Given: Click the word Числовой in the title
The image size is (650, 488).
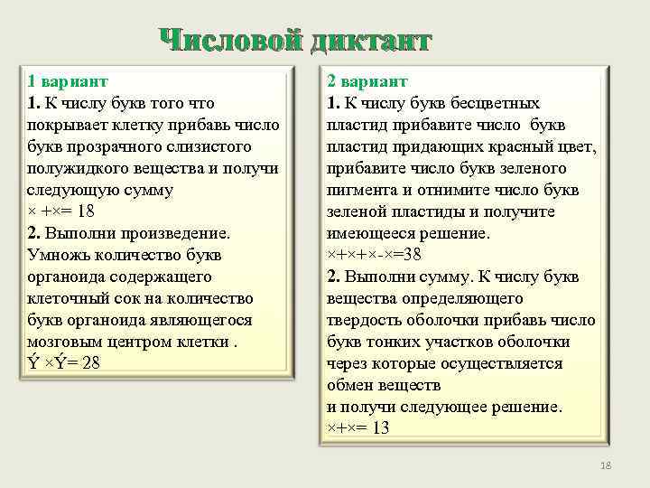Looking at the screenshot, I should click(x=230, y=41).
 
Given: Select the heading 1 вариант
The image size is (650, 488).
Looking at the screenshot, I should click(x=67, y=81).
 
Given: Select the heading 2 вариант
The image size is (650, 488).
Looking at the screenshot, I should click(x=367, y=81).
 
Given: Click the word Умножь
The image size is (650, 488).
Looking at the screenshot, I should click(x=59, y=255).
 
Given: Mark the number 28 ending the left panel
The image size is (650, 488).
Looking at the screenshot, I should click(x=91, y=363).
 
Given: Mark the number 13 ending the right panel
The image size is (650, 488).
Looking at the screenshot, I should click(x=380, y=428).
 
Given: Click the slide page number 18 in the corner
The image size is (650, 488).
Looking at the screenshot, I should click(x=606, y=465).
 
